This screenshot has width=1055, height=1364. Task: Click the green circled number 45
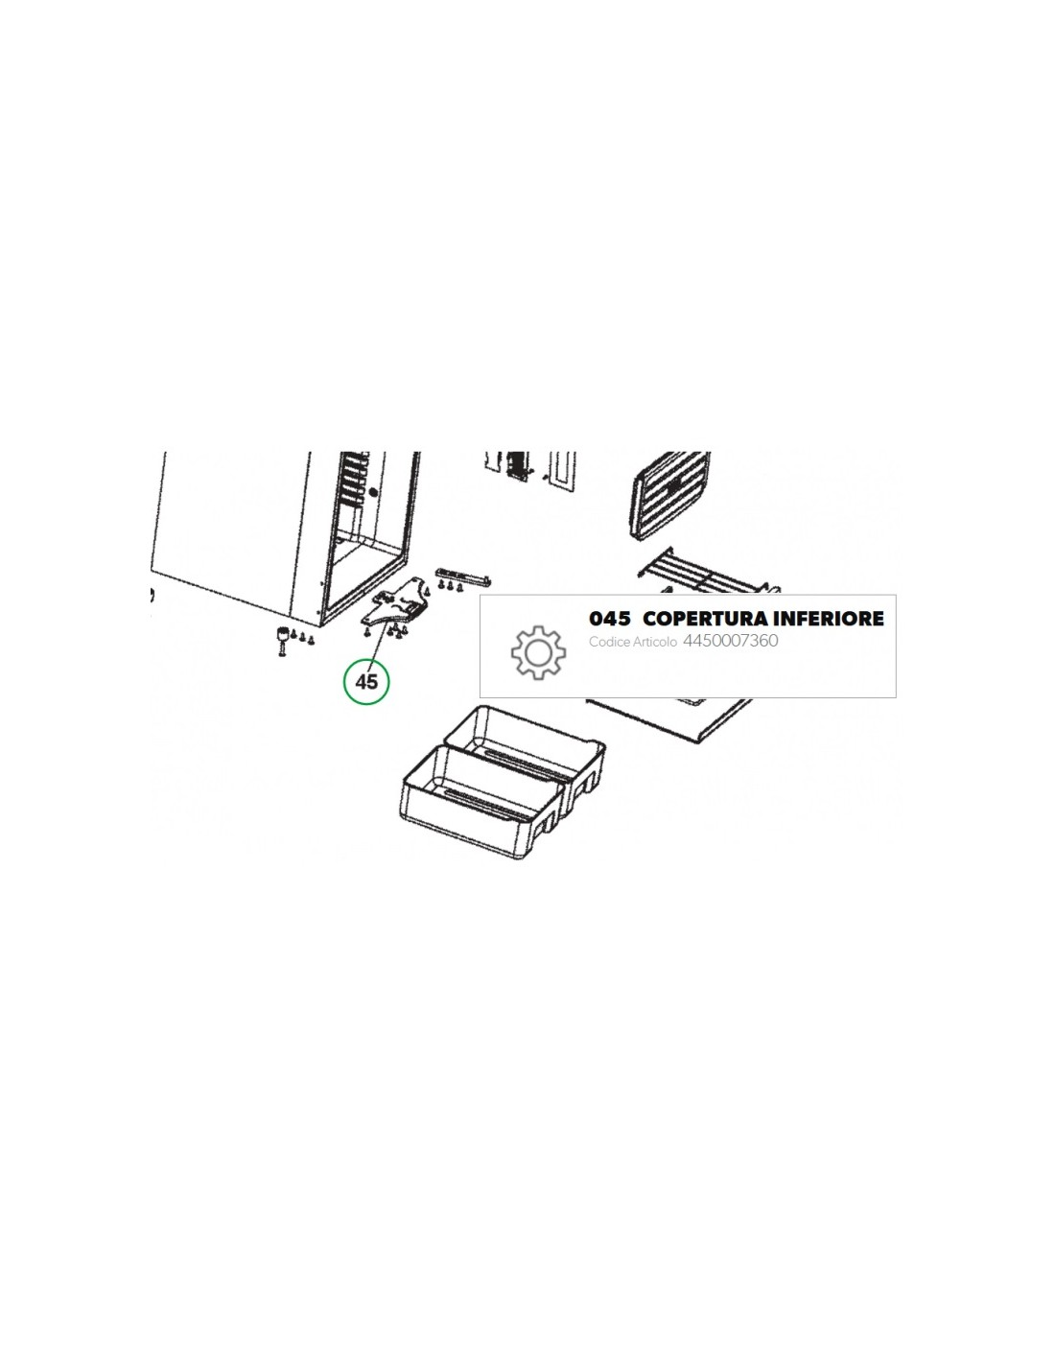coord(366,680)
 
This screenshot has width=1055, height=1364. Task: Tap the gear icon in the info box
coord(538,652)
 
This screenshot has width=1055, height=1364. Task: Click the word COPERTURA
coord(705,619)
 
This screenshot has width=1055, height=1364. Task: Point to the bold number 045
coord(609,619)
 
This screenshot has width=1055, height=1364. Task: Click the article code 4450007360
coord(730,640)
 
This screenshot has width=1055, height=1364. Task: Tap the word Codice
coord(608,642)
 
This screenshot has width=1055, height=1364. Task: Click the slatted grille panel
coord(671,495)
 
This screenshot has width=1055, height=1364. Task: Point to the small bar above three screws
coord(464,573)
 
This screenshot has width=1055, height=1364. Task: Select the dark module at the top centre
coord(518,467)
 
